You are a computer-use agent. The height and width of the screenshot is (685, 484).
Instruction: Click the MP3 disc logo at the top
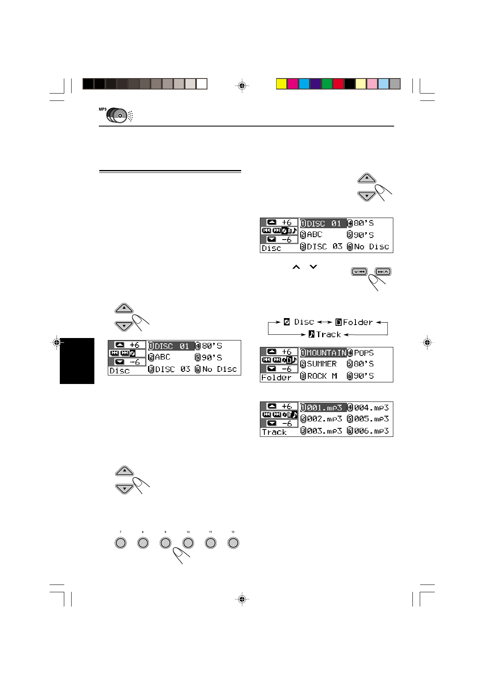pos(116,115)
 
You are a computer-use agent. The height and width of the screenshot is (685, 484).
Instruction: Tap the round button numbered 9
pos(165,543)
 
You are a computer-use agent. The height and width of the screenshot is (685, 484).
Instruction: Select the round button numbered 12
pos(233,543)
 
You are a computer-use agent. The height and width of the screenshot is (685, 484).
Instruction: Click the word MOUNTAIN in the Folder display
pos(326,353)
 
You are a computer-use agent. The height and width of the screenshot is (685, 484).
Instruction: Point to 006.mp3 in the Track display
pos(371,431)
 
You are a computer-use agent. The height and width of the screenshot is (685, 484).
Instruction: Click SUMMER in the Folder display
pos(321,364)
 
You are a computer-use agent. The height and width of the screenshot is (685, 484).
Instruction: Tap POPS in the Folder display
pos(364,353)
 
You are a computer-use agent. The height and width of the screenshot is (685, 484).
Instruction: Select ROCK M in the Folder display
pos(322,376)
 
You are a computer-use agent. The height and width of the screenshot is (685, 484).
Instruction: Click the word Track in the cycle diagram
pos(328,334)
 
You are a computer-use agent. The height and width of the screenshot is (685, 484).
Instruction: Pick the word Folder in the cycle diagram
pos(358,322)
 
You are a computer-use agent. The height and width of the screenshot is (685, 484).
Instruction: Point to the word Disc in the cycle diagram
pos(304,322)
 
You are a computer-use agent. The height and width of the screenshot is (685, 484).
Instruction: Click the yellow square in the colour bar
pos(281,84)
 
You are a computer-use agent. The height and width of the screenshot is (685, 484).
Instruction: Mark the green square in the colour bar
pos(327,84)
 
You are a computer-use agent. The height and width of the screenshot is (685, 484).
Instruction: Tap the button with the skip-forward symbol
pos(383,272)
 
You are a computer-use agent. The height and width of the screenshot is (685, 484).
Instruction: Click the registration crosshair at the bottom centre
pos(242,599)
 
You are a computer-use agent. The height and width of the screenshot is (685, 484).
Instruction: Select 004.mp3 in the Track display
pos(371,407)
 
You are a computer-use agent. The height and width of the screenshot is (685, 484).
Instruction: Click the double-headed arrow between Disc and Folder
pos(325,322)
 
